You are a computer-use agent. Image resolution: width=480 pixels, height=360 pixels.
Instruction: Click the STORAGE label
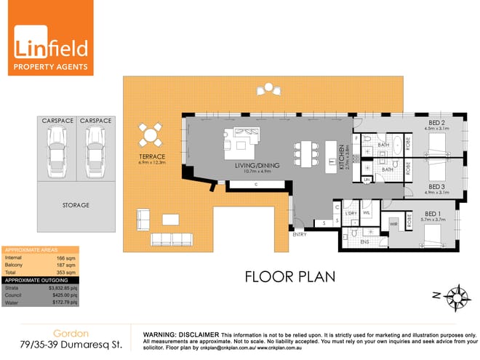tap(76, 206)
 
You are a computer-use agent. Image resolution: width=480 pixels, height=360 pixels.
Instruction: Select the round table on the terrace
tap(151, 135)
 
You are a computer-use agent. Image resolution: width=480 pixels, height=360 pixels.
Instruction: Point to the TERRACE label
tap(152, 157)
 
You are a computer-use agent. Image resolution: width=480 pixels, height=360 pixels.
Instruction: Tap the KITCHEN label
tap(340, 156)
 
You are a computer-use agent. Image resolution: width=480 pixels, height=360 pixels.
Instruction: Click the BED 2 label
tap(437, 122)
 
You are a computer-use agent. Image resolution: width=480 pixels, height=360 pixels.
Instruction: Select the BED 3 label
tap(437, 187)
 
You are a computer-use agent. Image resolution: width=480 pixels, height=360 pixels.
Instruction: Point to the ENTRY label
tap(299, 234)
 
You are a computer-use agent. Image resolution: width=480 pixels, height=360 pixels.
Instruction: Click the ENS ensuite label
tap(363, 241)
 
